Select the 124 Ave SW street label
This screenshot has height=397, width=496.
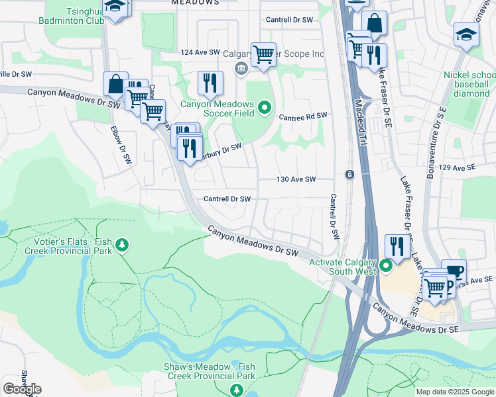tap(200, 52)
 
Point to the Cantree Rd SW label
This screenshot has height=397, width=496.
tap(303, 116)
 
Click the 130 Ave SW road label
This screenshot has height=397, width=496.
tap(296, 179)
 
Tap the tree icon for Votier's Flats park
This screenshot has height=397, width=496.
tap(121, 246)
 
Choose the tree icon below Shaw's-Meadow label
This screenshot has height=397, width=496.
tap(236, 390)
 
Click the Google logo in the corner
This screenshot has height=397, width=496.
tap(22, 388)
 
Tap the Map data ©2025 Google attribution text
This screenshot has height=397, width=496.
tap(455, 392)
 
